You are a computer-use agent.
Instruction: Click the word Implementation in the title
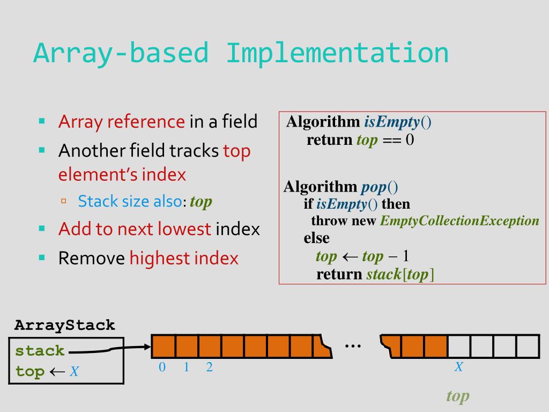337,53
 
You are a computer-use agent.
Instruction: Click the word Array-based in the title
121,54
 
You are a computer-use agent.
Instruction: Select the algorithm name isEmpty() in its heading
398,122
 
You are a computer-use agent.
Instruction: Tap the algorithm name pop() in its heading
380,187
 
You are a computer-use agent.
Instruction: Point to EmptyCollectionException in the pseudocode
459,220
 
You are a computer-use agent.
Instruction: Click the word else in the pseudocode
316,238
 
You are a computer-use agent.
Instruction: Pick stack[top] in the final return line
400,274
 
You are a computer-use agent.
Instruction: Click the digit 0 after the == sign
410,140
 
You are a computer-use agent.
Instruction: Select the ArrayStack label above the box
65,326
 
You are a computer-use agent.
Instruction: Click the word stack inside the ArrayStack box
40,351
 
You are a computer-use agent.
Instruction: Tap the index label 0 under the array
162,367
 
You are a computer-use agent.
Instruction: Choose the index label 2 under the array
210,367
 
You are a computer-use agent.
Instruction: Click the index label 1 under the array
186,367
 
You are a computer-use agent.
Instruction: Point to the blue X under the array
459,367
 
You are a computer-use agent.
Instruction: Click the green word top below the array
458,396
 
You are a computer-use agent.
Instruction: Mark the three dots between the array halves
353,346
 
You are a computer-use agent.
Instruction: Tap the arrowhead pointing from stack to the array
147,347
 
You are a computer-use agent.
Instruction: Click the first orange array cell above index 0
164,346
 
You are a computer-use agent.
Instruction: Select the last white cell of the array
528,346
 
